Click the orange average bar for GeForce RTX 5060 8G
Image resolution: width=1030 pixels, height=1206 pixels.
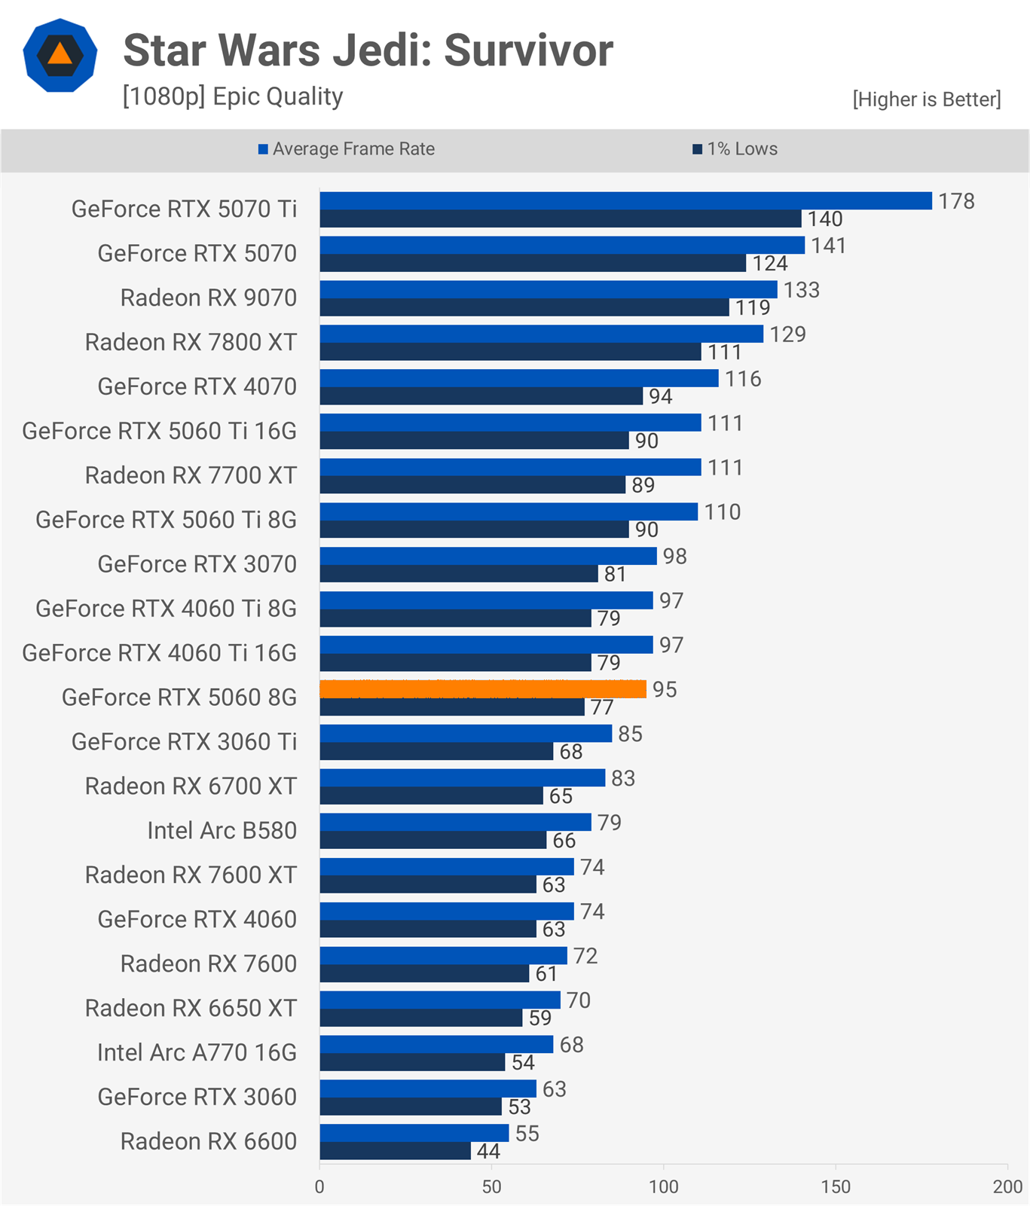coord(483,689)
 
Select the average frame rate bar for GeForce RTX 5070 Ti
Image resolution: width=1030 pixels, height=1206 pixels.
coord(626,200)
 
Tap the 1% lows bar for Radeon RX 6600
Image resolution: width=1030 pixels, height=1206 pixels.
coord(396,1151)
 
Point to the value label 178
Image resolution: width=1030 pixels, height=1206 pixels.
coord(956,201)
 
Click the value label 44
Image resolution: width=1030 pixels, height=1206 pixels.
coord(488,1151)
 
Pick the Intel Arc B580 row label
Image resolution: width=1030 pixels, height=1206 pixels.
coord(222,830)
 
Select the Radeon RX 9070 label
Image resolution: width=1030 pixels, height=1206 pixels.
coord(209,298)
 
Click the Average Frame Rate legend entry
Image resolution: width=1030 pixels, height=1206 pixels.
coord(347,149)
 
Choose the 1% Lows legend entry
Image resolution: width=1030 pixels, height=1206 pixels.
coord(735,149)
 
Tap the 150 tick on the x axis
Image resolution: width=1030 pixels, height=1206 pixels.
coord(836,1187)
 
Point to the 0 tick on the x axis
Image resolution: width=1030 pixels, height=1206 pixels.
coord(319,1187)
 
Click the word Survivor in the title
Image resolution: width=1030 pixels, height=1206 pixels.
coord(528,50)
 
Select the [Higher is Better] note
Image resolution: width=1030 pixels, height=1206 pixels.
coord(927,99)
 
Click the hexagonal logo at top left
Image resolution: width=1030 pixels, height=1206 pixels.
coord(60,55)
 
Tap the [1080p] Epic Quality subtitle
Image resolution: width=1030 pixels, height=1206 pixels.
coord(233,96)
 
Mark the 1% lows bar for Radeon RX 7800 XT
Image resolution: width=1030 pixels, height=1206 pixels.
coord(511,352)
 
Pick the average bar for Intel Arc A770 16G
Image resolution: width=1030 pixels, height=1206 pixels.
coord(437,1044)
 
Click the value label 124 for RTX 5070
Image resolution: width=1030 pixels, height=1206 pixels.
coord(770,264)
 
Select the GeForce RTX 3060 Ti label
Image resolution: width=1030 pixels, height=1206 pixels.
coord(184,741)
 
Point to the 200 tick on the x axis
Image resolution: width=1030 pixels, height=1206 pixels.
coord(1007,1187)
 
